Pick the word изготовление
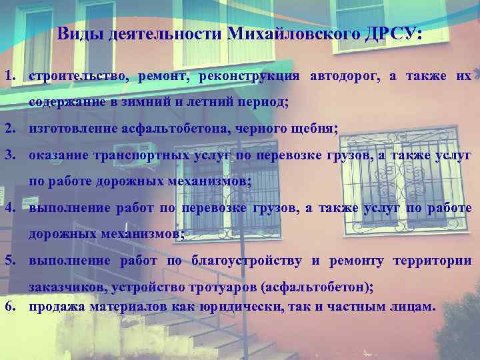pos(72,129)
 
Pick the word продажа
pos(55,307)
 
